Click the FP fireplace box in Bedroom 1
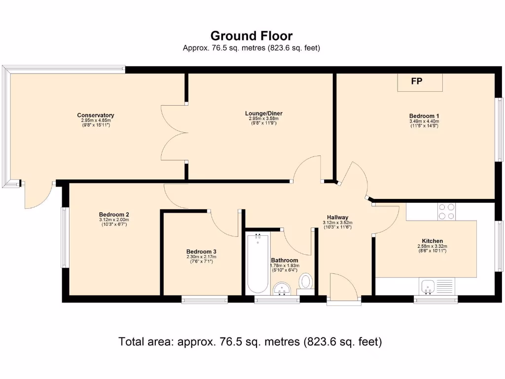point(420,82)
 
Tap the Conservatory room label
point(96,115)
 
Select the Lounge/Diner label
point(264,114)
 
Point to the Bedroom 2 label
point(114,214)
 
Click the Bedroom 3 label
point(201,252)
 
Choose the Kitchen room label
point(432,241)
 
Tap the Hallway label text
point(337,217)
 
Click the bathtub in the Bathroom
point(257,264)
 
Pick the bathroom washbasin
point(282,288)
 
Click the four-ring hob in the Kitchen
point(447,212)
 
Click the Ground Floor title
point(252,36)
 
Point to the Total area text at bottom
point(250,341)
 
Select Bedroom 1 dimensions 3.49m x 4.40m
point(424,121)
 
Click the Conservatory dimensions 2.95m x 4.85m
point(96,120)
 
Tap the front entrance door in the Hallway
point(344,288)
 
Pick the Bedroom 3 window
point(205,300)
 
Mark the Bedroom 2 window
point(64,237)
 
